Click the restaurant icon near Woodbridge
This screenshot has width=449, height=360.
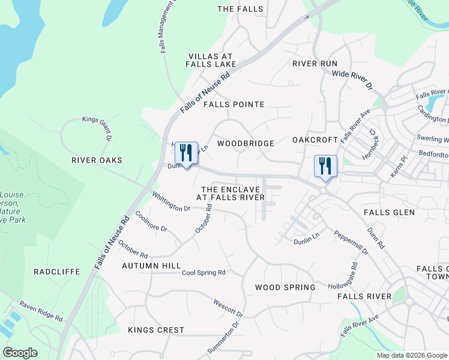coord(186,154)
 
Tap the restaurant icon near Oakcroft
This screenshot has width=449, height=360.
coord(325,166)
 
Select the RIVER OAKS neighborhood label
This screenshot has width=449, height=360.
coord(97,160)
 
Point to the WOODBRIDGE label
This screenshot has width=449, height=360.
coord(246,143)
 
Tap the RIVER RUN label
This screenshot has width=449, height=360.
coord(315,64)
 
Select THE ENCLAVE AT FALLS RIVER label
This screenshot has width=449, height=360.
coord(231,193)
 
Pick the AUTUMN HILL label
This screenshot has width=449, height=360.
coord(151,265)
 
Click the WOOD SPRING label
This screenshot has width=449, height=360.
coord(285,287)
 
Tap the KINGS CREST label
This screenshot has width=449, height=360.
coord(156,330)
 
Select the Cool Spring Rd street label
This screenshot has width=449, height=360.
coord(203,272)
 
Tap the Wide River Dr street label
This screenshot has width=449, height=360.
coord(352,80)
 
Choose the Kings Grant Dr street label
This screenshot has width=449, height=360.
coord(97,127)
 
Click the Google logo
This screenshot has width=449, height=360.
coord(20,353)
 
